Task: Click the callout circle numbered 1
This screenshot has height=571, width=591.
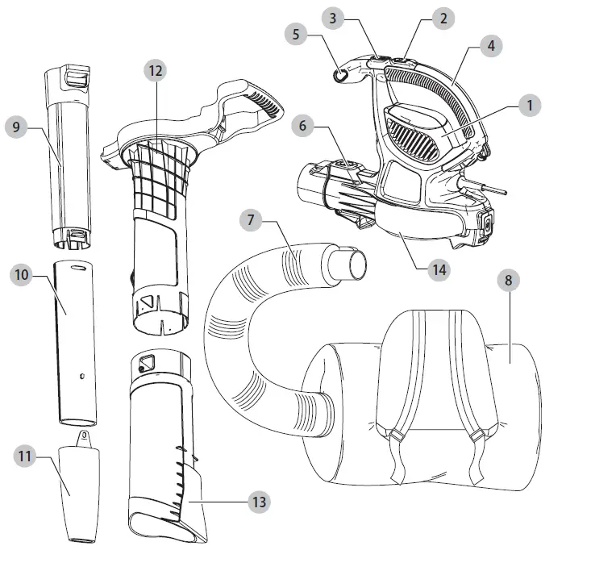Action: [529, 105]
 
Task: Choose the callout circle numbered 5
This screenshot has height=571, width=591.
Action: [297, 35]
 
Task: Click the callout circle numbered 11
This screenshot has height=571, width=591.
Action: [26, 456]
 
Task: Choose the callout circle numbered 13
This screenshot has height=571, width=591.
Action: [258, 502]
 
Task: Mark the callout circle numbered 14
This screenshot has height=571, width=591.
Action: [438, 269]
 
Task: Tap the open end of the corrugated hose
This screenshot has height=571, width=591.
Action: [352, 265]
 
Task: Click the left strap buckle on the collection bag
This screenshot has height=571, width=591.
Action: [394, 436]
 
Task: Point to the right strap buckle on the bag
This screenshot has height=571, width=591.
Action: [477, 436]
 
